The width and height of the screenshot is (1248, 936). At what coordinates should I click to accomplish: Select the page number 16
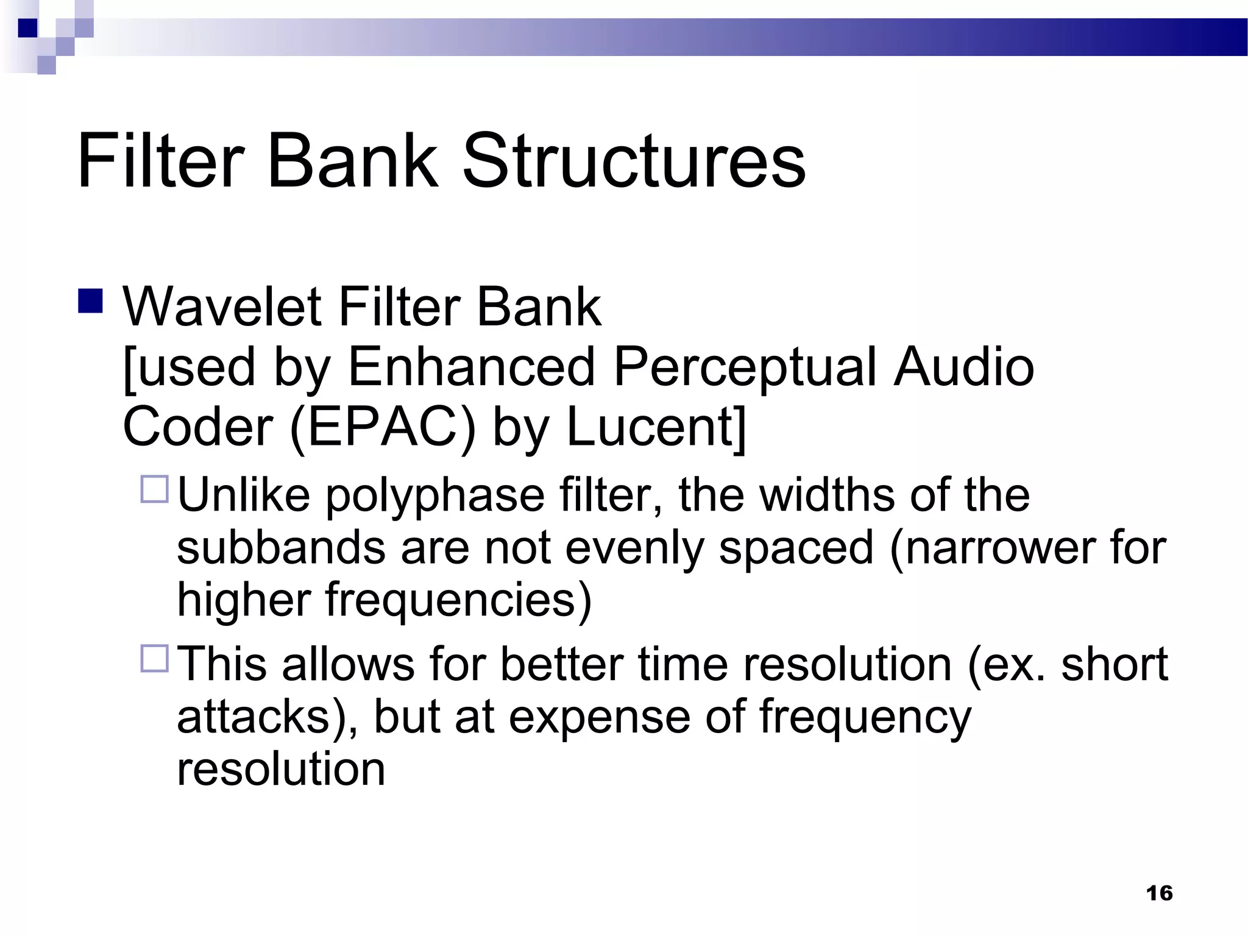pyautogui.click(x=1159, y=893)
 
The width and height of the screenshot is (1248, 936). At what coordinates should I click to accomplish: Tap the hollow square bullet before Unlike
pyautogui.click(x=154, y=489)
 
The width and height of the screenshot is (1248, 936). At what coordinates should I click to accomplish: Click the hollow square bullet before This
pyautogui.click(x=154, y=659)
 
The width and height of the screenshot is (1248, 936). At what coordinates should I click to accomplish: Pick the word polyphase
pyautogui.click(x=435, y=496)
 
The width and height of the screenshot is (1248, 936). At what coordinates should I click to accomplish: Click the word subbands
pyautogui.click(x=281, y=547)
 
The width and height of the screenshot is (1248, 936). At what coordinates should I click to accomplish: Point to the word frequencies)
pyautogui.click(x=458, y=600)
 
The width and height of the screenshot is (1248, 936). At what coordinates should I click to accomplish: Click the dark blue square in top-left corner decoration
pyautogui.click(x=27, y=28)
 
